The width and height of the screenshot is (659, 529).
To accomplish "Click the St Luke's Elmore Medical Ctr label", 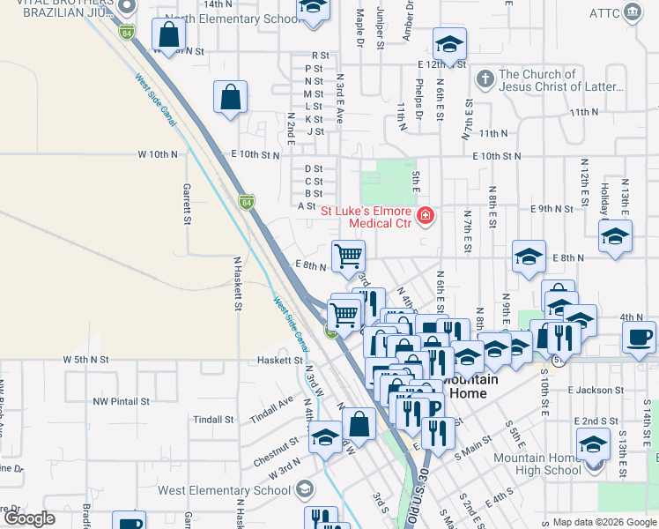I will [x=366, y=217].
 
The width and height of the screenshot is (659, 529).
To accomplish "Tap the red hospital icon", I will [x=426, y=215].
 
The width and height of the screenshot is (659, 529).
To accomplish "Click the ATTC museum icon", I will [x=632, y=11].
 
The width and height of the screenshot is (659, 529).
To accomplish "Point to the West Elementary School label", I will [x=224, y=490].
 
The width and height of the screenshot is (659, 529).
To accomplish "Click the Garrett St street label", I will [x=187, y=204].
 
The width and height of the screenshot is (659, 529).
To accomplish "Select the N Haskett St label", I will [x=238, y=284].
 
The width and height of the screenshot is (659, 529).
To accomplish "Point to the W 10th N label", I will [x=158, y=153].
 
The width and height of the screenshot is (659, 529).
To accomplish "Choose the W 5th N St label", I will [x=85, y=360].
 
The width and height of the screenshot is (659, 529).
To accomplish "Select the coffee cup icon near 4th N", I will [x=639, y=337].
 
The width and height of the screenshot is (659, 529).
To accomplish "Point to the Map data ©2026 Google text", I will [x=603, y=522].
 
